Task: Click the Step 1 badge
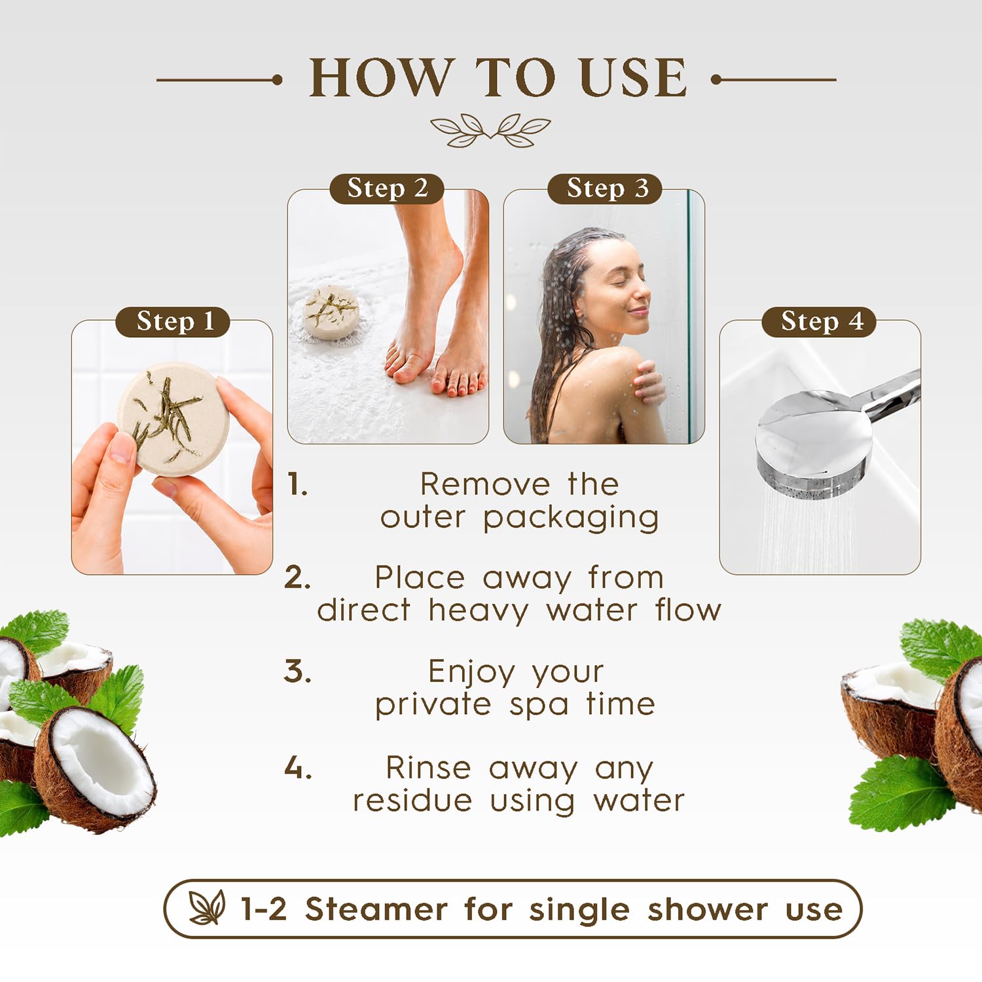(173, 321)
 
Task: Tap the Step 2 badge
(387, 189)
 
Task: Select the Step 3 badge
(605, 189)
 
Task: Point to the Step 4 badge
(819, 321)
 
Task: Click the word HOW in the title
(382, 78)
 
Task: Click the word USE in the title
(633, 78)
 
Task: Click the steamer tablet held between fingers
(173, 418)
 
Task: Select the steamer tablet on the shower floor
(333, 312)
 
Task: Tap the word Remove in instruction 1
(484, 484)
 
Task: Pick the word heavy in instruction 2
(478, 611)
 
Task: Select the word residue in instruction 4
(412, 800)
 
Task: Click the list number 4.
(298, 767)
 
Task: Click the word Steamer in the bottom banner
(376, 909)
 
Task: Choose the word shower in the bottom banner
(708, 909)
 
